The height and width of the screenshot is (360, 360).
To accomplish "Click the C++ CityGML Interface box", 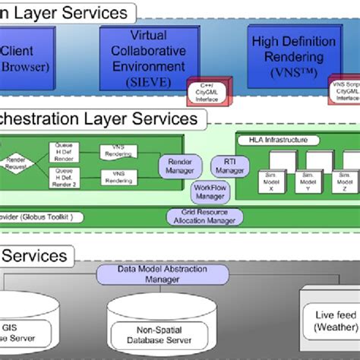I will pyautogui.click(x=207, y=91).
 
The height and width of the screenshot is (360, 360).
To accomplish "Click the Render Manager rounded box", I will pyautogui.click(x=179, y=166).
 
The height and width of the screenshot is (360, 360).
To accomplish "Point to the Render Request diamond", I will pyautogui.click(x=15, y=164).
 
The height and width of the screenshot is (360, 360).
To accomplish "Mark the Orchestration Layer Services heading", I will pyautogui.click(x=99, y=119).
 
